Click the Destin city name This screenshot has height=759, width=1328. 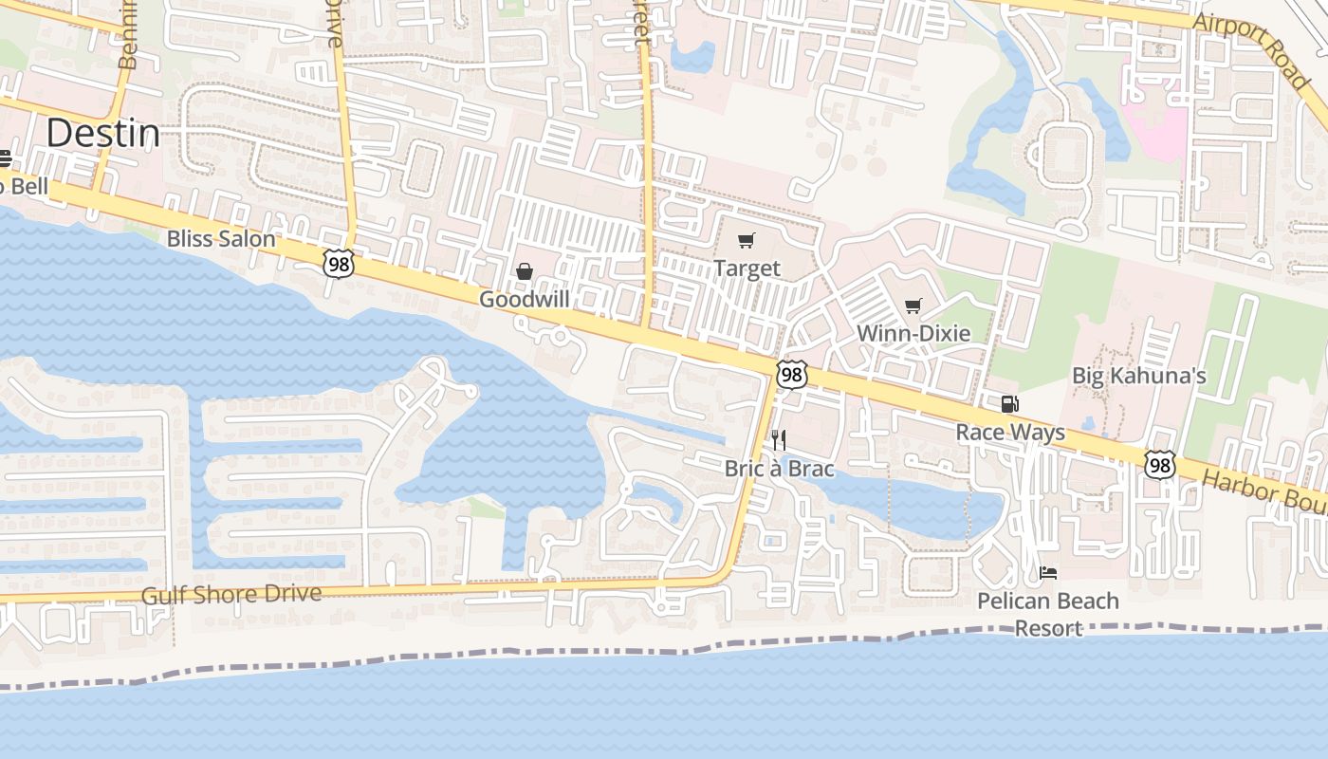click(x=102, y=134)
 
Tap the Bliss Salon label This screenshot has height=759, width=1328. click(x=221, y=238)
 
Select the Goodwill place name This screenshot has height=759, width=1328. click(x=524, y=299)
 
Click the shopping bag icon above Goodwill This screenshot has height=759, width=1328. click(x=524, y=272)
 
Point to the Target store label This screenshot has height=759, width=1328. click(x=747, y=268)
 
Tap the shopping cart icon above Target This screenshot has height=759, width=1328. click(x=747, y=241)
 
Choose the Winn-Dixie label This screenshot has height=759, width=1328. click(x=913, y=333)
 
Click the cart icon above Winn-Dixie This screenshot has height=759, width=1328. click(x=913, y=305)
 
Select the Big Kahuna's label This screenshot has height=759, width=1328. click(x=1138, y=376)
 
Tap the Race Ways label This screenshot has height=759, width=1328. click(x=1009, y=433)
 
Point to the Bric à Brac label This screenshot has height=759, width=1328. click(x=779, y=469)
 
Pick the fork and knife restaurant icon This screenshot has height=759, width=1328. click(x=778, y=440)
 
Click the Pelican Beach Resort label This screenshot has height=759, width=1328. click(x=1048, y=614)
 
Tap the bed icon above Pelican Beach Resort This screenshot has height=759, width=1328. click(x=1048, y=573)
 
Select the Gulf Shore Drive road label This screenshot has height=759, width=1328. click(x=231, y=595)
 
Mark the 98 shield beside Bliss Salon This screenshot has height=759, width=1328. click(x=338, y=264)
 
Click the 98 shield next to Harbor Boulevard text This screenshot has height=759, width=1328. click(x=1159, y=465)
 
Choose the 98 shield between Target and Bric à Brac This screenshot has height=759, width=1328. click(x=791, y=375)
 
